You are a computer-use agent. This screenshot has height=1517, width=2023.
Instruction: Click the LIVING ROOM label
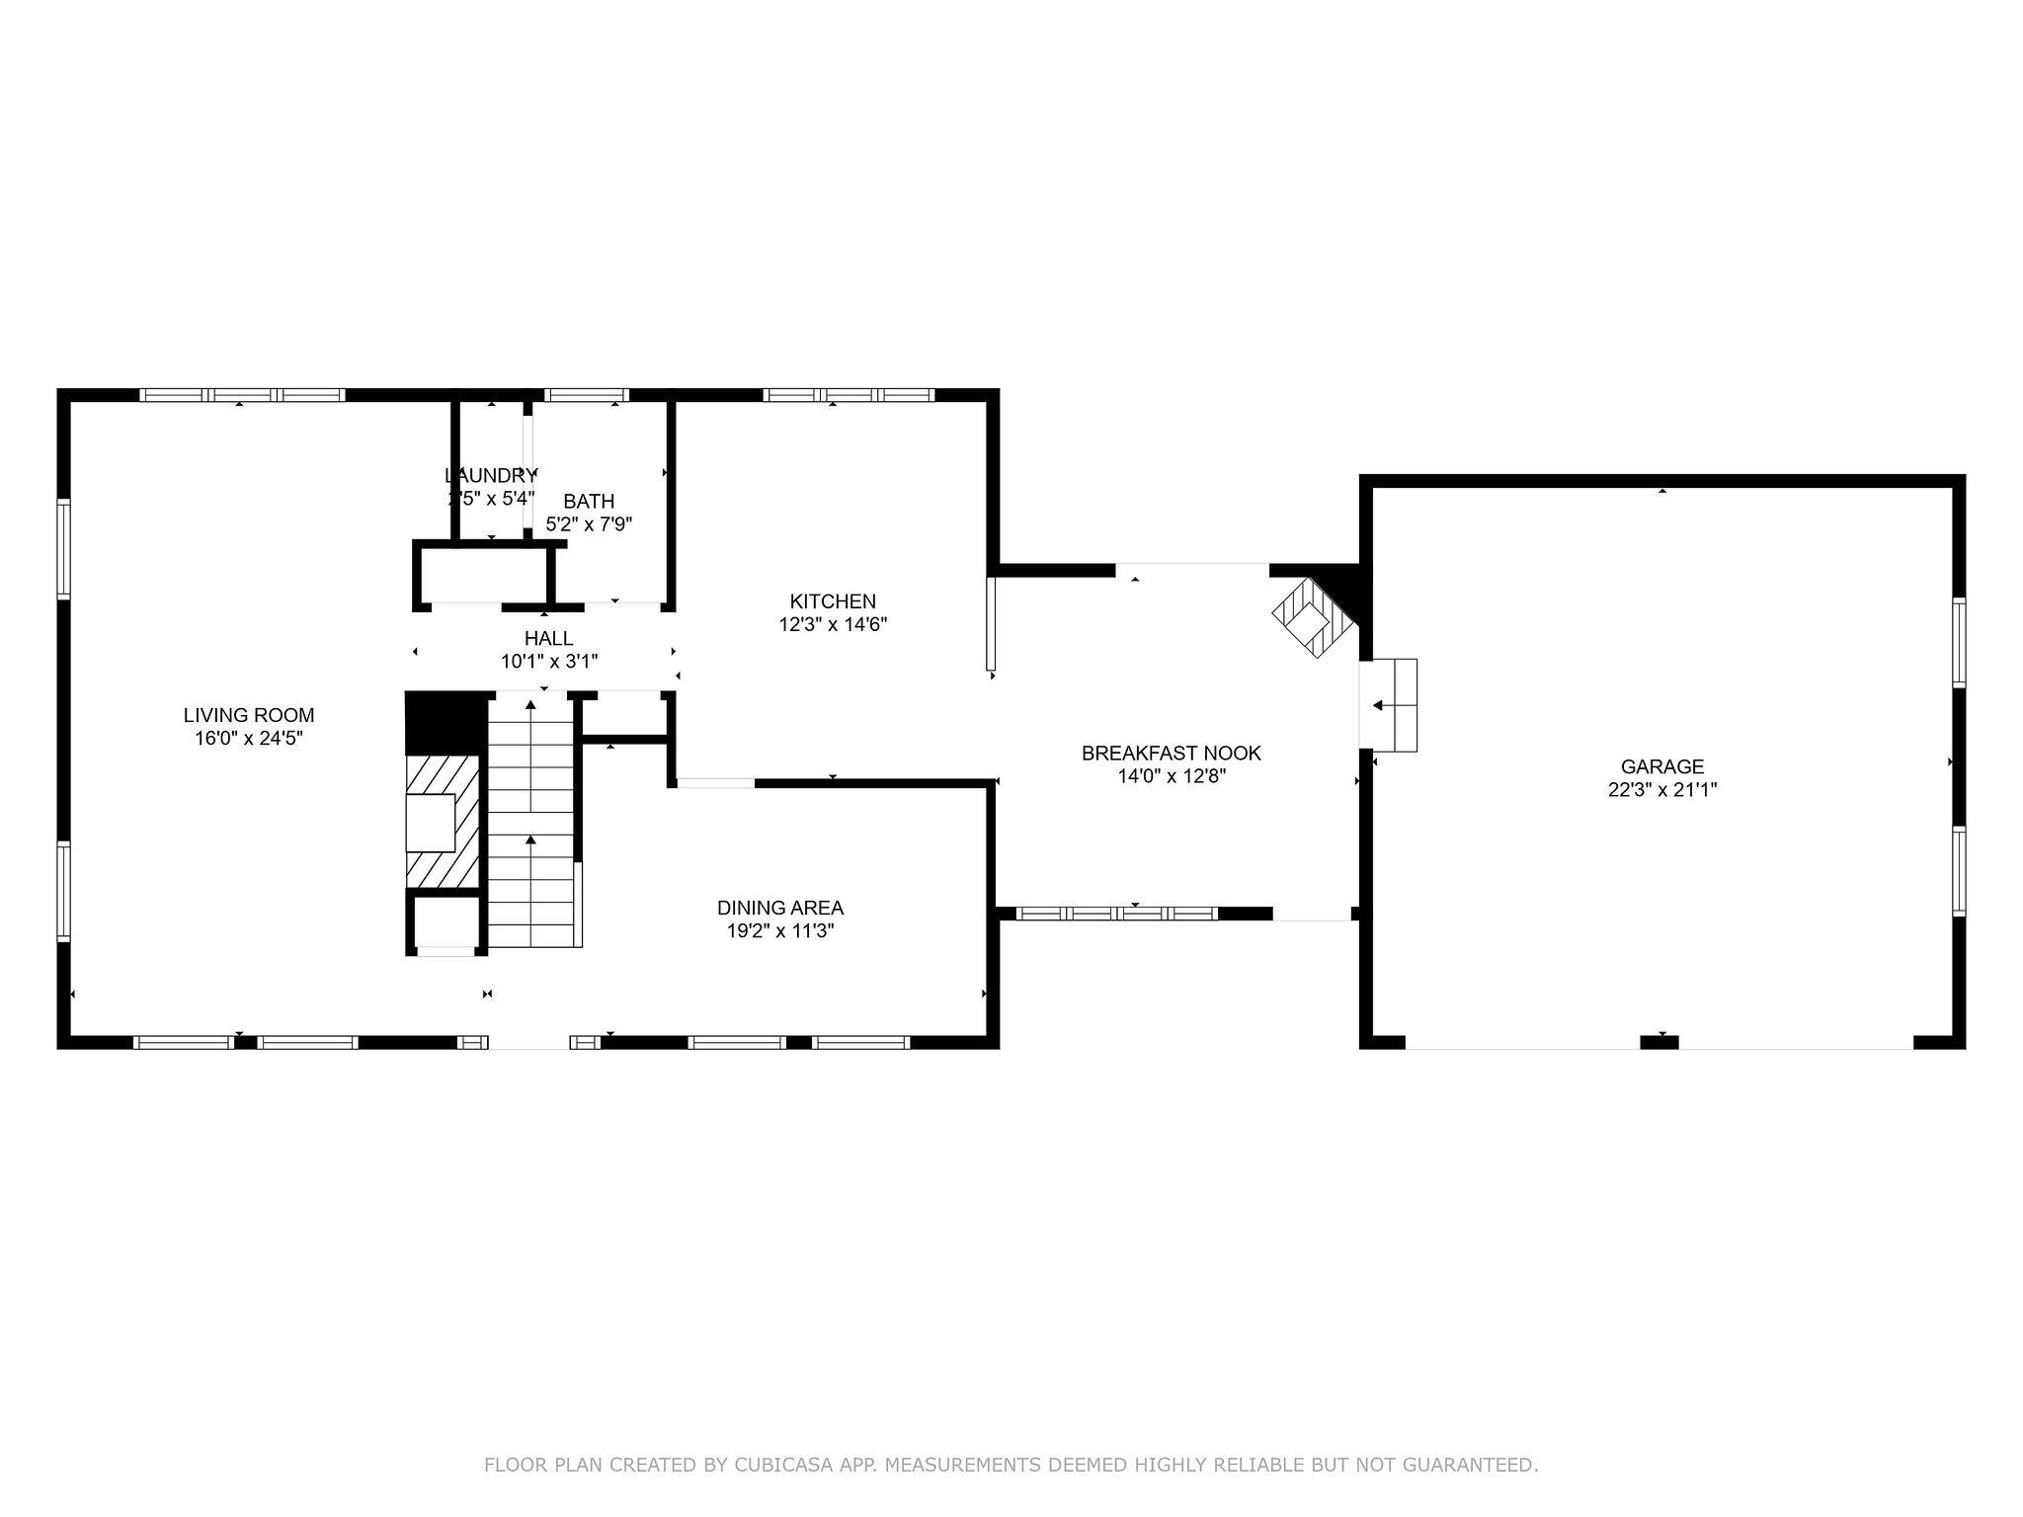pos(249,715)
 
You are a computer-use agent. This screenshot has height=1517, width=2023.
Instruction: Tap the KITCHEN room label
pos(833,600)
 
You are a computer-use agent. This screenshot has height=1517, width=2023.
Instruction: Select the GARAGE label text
pos(1662,765)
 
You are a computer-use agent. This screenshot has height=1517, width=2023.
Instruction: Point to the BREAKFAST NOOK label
pos(1171,753)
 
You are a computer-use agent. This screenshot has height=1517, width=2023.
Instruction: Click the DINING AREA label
pos(780,907)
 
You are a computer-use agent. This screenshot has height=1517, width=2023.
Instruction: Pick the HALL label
pos(548,638)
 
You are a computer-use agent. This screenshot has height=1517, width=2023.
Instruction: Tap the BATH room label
pos(589,501)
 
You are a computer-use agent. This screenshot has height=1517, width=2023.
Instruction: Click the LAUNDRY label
pos(491,474)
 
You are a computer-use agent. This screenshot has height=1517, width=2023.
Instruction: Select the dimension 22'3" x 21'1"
pos(1662,790)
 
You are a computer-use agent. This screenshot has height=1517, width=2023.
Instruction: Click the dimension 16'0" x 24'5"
pos(249,739)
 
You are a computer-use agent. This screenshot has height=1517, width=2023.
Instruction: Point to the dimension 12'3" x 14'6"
pos(833,624)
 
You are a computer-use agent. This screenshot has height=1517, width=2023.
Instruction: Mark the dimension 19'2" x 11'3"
pos(780,930)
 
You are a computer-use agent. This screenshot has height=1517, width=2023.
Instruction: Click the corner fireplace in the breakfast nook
pos(1314,619)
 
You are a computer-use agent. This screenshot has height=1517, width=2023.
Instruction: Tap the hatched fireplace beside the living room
pos(443,822)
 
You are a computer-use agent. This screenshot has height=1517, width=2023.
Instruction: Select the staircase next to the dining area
pos(531,820)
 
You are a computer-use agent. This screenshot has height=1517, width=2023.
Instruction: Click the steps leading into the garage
pos(1393,705)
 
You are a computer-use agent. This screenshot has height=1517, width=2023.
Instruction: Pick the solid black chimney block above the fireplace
pos(446,722)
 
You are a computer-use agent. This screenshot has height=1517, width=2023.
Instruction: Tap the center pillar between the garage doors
pos(1659,1041)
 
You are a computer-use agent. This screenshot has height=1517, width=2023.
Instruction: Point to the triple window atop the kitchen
pos(849,395)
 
